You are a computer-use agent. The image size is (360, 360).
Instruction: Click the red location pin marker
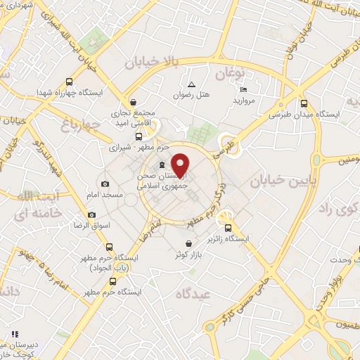(x=181, y=165)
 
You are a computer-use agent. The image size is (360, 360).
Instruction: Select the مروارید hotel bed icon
(x=243, y=89)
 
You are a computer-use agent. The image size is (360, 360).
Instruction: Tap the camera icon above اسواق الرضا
(x=91, y=214)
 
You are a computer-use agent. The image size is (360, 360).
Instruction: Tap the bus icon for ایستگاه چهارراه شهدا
(x=68, y=82)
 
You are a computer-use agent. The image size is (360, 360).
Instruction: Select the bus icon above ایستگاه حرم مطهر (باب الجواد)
(x=108, y=247)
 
